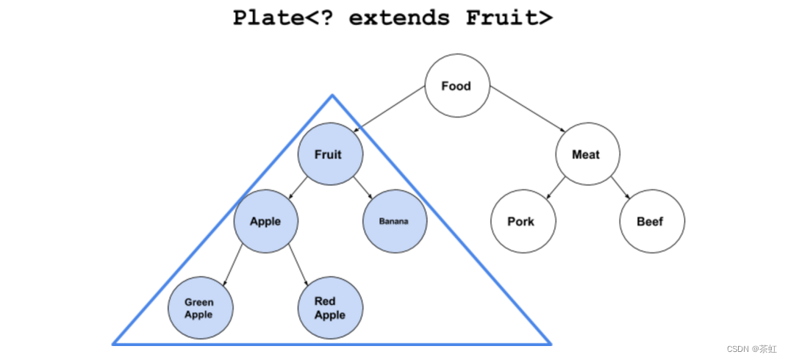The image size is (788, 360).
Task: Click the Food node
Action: (x=456, y=86)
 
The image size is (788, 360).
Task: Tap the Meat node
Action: (x=586, y=155)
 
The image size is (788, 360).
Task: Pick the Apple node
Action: (x=265, y=221)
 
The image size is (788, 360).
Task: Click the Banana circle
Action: (x=394, y=221)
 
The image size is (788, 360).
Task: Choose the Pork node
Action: (x=522, y=221)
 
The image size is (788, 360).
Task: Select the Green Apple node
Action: (x=199, y=308)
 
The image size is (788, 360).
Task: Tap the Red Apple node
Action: (x=329, y=308)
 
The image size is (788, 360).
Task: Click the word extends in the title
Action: (x=400, y=17)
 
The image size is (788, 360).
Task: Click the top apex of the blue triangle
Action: (x=332, y=96)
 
